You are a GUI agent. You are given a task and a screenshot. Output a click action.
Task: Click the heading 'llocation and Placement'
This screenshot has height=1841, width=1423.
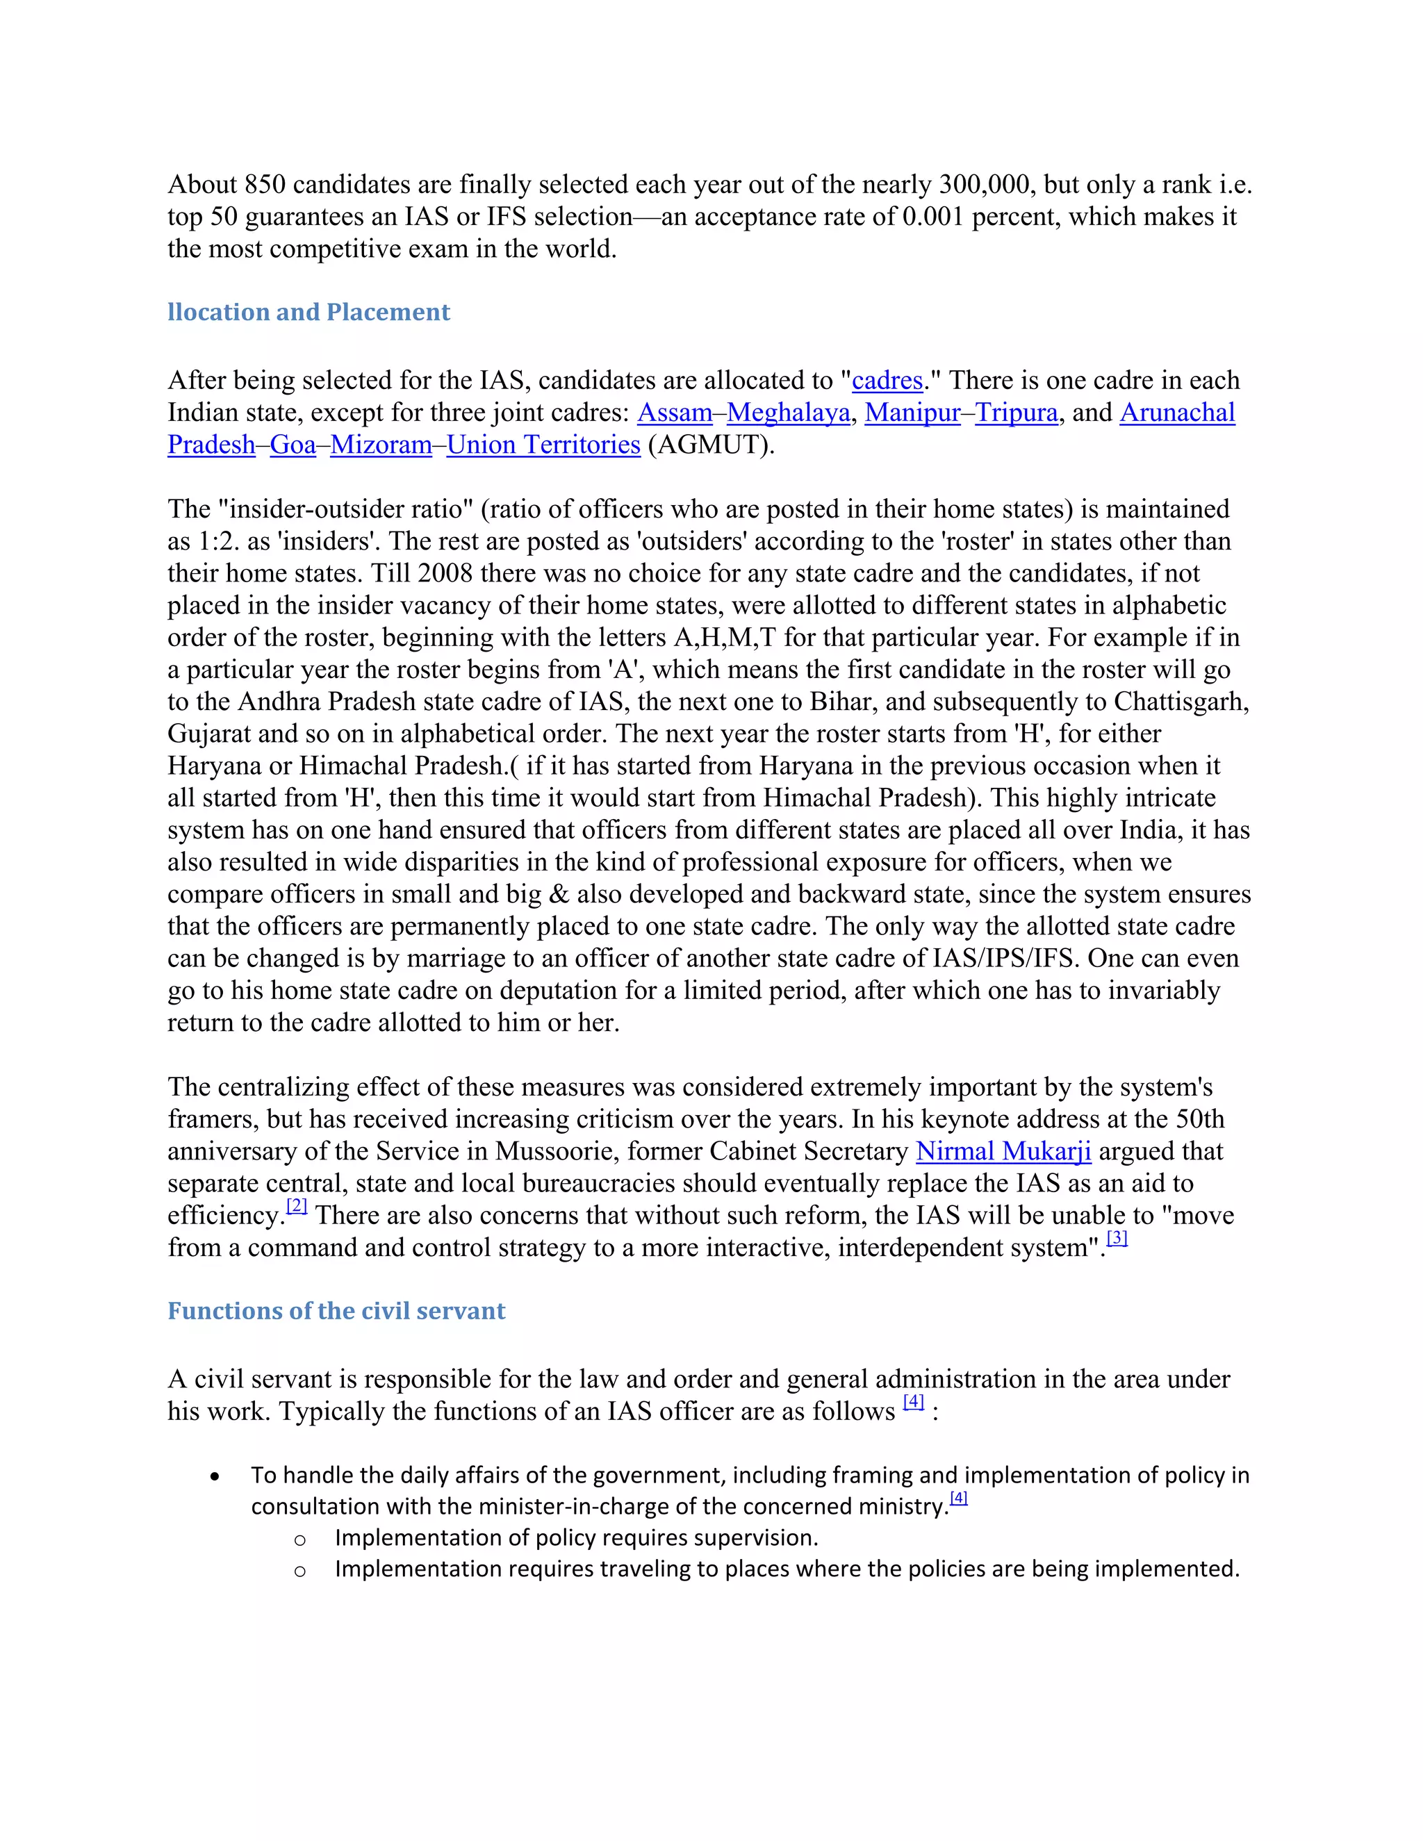coord(309,312)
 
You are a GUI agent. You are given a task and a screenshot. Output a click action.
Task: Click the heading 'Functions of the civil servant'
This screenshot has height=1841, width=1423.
coord(336,1311)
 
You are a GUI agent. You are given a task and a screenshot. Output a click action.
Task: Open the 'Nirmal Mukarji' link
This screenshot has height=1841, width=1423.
coord(1003,1150)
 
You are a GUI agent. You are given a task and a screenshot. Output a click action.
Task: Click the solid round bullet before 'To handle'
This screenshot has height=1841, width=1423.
coord(216,1477)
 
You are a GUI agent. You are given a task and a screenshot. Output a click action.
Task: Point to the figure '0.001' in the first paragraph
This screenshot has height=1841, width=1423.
coord(932,217)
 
